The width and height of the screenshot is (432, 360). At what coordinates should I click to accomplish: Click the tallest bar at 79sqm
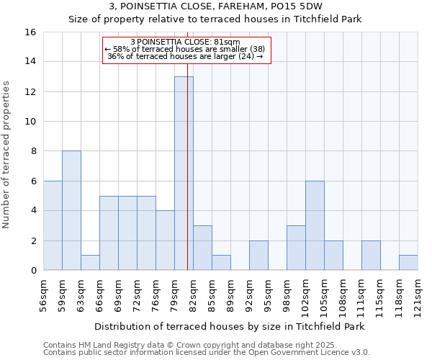click(184, 173)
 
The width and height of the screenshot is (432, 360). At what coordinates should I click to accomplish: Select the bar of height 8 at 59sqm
click(71, 210)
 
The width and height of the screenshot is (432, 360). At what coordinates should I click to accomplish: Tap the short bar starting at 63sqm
click(90, 263)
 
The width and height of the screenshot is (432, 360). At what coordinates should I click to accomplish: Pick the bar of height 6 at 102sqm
click(315, 225)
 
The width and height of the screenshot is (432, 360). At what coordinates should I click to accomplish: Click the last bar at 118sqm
click(408, 263)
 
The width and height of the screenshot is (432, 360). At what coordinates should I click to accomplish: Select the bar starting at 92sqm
click(258, 256)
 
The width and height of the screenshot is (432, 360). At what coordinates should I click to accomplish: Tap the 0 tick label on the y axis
click(32, 271)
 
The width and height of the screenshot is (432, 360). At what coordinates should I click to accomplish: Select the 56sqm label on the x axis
click(43, 295)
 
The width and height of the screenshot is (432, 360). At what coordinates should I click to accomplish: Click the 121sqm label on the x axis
click(418, 295)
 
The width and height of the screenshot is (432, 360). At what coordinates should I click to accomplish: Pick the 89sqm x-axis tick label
click(230, 295)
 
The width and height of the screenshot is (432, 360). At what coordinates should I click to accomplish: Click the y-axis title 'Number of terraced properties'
click(6, 155)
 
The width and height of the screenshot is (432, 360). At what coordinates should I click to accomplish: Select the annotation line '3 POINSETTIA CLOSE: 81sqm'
click(186, 42)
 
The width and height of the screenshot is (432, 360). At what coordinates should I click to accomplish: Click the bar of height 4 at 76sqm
click(165, 240)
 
